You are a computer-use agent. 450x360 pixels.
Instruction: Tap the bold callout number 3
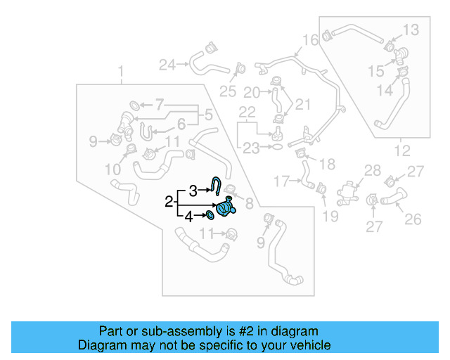click(x=193, y=189)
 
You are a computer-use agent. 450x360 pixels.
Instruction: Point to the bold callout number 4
click(x=188, y=217)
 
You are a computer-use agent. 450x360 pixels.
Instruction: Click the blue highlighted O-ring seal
click(x=210, y=215)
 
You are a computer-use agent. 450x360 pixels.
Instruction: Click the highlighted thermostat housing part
click(x=225, y=209)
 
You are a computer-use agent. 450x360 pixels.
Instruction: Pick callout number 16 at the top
click(x=310, y=39)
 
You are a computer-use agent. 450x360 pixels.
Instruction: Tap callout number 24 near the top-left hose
click(x=167, y=65)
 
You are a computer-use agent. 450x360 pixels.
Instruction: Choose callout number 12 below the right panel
click(x=401, y=150)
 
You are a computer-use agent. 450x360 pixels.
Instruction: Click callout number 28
click(x=372, y=170)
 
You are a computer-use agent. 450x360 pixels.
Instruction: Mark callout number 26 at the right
click(x=412, y=219)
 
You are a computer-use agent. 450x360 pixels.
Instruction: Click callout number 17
click(x=281, y=181)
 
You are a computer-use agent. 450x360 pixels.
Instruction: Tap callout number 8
click(x=248, y=205)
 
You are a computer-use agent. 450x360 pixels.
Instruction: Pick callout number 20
click(x=252, y=92)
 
